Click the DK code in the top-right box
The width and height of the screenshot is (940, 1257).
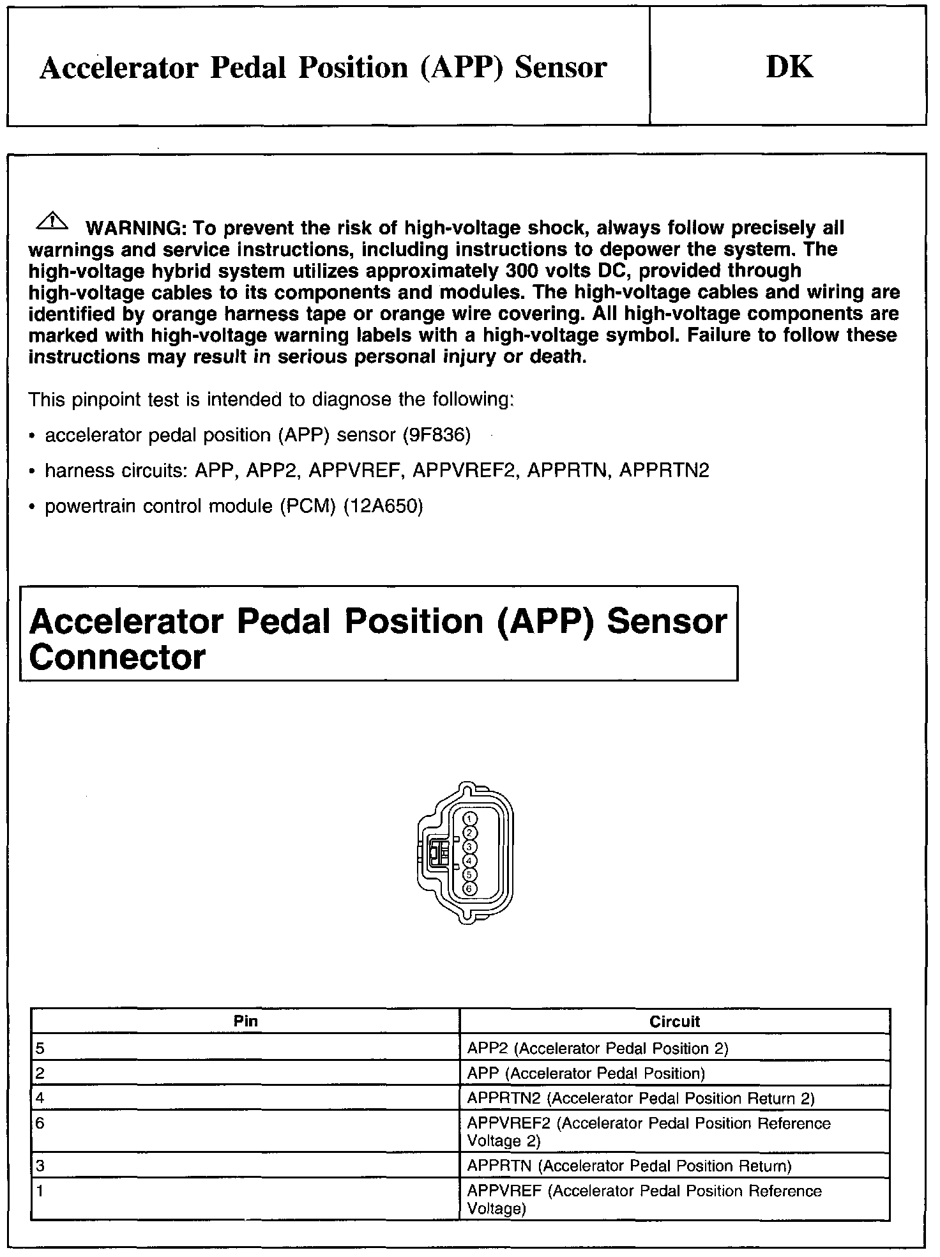789,67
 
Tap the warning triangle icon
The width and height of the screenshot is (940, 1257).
54,222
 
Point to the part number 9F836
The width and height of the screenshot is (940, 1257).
437,436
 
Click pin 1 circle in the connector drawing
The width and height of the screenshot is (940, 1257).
469,819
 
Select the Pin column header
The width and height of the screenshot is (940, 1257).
245,1021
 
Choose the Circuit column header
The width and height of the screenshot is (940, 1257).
674,1021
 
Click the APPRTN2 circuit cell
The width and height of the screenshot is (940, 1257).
641,1098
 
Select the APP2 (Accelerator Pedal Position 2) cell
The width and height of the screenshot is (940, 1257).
598,1048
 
